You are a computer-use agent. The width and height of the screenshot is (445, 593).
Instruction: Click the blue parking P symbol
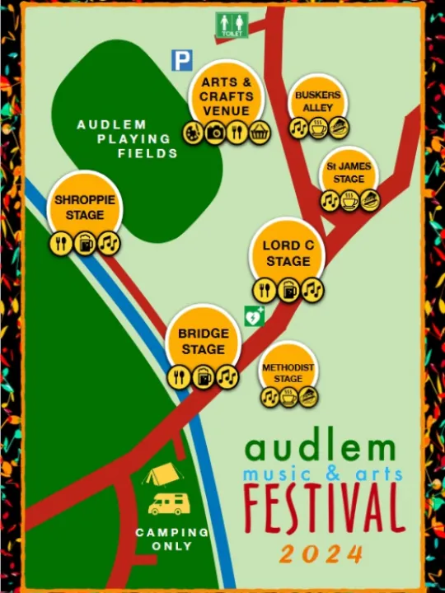[x=181, y=60]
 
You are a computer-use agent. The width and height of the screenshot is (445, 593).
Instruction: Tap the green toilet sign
[x=232, y=24]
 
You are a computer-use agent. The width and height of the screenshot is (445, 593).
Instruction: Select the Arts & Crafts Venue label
[x=226, y=96]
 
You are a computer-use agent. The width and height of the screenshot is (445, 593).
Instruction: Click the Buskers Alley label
[x=317, y=101]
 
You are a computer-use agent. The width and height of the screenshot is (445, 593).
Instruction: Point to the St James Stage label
[x=349, y=172]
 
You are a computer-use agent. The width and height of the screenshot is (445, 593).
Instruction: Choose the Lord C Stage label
[x=288, y=253]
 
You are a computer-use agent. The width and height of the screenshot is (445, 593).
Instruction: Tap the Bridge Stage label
[x=203, y=341]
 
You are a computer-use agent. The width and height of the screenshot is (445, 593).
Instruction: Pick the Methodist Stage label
[x=288, y=372]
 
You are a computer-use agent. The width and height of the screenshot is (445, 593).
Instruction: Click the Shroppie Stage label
[x=85, y=207]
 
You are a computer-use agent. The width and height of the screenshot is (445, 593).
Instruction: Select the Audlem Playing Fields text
[x=124, y=138]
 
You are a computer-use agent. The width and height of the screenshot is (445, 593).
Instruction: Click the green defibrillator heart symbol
[x=254, y=315]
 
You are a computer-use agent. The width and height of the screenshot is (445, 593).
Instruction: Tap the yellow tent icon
[x=158, y=474]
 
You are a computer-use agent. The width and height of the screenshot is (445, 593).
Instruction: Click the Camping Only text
[x=172, y=539]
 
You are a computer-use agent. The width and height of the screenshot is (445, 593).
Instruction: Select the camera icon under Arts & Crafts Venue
[x=214, y=132]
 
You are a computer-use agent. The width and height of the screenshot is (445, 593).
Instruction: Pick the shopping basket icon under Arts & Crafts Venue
[x=260, y=132]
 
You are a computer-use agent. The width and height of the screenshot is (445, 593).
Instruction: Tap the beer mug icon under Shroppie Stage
[x=85, y=243]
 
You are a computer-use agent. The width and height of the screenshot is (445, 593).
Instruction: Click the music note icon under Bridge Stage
[x=226, y=376]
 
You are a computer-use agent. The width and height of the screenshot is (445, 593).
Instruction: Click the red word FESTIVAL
[x=324, y=507]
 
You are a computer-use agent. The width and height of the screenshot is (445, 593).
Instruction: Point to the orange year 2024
[x=321, y=553]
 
